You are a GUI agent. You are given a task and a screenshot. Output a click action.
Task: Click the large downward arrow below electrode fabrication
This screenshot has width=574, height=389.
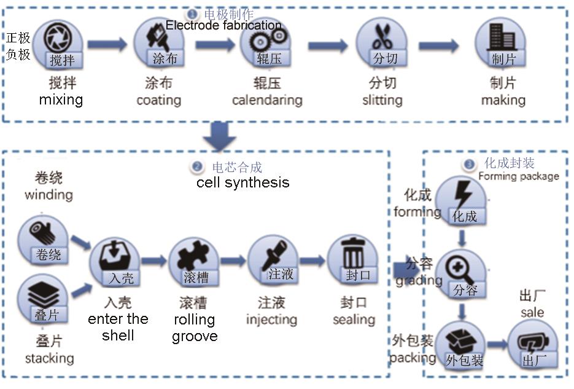[x=219, y=135]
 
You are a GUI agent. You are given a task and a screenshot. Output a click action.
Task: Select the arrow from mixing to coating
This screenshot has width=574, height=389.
[x=107, y=44]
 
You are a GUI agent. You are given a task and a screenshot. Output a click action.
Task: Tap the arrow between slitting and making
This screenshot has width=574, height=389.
[x=438, y=45]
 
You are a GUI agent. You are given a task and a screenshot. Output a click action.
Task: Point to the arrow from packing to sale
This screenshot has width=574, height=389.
[x=496, y=345]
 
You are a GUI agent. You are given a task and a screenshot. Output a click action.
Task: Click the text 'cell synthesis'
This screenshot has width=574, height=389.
[x=242, y=183]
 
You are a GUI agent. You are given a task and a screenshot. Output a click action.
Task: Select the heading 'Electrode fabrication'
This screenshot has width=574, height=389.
[x=223, y=26]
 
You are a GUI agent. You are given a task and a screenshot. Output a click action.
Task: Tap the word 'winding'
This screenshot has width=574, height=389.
[x=48, y=195]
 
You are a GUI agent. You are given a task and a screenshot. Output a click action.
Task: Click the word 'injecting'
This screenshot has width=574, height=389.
[x=271, y=320]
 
